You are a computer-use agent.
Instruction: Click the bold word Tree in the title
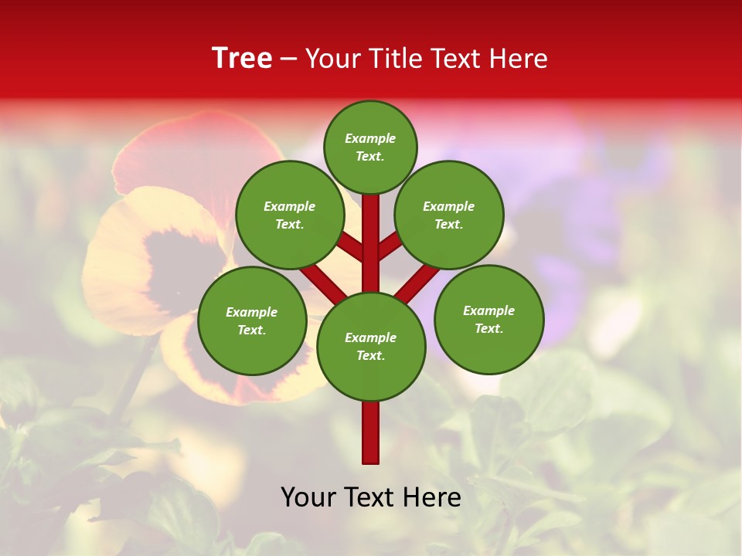pos(242,58)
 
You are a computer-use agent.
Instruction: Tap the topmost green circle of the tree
pos(370,147)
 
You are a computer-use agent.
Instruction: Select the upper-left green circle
pos(290,215)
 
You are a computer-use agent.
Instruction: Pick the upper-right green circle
pos(449,215)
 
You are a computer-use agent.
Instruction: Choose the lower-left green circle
pos(252,320)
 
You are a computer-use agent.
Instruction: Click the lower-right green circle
pos(488,319)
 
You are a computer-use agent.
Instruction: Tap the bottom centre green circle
pos(371,346)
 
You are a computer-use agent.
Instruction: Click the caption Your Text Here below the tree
pos(371,497)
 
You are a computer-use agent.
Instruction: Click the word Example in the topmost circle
pos(370,138)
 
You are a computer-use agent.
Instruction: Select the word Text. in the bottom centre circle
pos(370,355)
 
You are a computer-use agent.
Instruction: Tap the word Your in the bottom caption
pos(307,497)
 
